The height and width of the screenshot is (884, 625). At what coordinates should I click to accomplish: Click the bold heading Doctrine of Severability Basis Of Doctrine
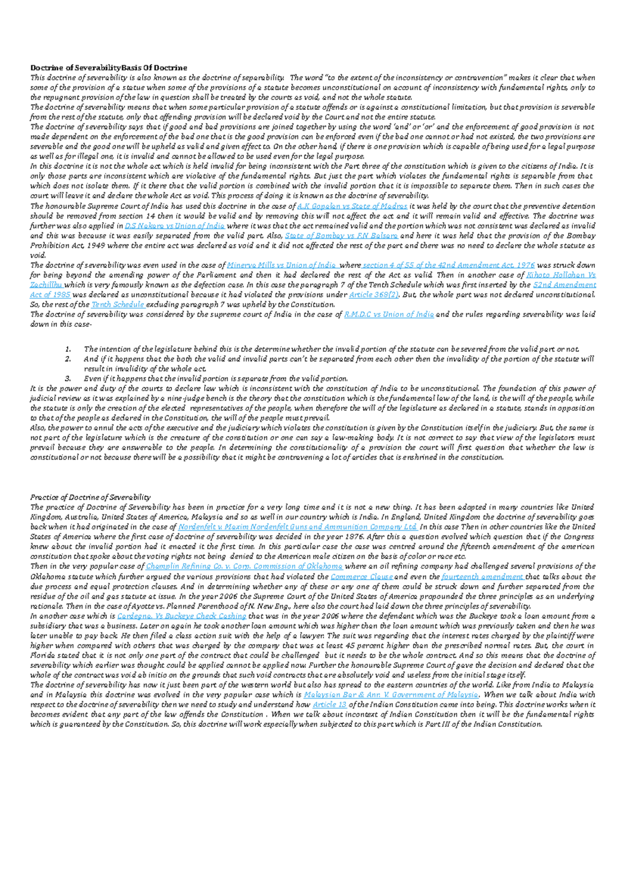pos(108,68)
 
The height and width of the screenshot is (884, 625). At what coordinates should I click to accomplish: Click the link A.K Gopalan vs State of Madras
pos(352,206)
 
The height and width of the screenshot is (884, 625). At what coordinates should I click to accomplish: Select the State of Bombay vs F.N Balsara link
pos(341,236)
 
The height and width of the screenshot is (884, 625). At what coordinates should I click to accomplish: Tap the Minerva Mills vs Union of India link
pos(282,265)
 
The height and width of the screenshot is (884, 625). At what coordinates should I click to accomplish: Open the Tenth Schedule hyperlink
pos(118,305)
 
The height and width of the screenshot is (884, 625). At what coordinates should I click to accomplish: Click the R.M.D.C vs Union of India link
pos(389,314)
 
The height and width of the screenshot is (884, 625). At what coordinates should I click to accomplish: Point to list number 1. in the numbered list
pos(68,349)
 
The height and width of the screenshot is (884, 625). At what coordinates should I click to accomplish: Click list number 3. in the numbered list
pos(68,379)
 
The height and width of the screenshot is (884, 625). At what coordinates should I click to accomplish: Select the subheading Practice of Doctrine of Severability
pos(90,497)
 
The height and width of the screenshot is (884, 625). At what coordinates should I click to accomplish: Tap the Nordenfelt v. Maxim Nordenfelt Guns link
pos(297,527)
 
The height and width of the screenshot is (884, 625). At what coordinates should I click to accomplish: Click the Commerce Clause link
pos(361,577)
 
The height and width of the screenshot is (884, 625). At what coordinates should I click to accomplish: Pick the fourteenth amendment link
pos(482,577)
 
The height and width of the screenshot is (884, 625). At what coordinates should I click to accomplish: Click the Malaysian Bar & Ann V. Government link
pos(390,695)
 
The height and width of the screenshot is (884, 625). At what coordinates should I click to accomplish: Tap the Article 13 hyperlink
pos(329,705)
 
